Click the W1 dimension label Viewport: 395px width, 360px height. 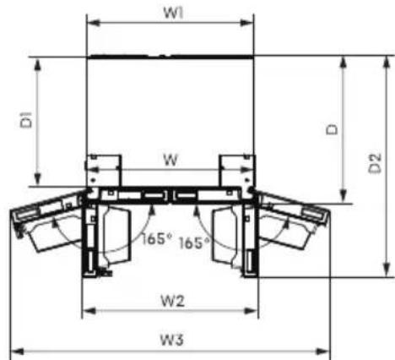(x=173, y=13)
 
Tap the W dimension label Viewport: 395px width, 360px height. (x=170, y=161)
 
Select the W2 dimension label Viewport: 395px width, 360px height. (x=172, y=301)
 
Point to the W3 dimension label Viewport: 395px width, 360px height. (x=172, y=340)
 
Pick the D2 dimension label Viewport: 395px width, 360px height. (x=375, y=163)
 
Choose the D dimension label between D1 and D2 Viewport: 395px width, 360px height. (x=332, y=129)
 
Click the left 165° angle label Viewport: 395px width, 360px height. (x=156, y=239)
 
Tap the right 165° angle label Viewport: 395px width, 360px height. (x=194, y=243)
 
